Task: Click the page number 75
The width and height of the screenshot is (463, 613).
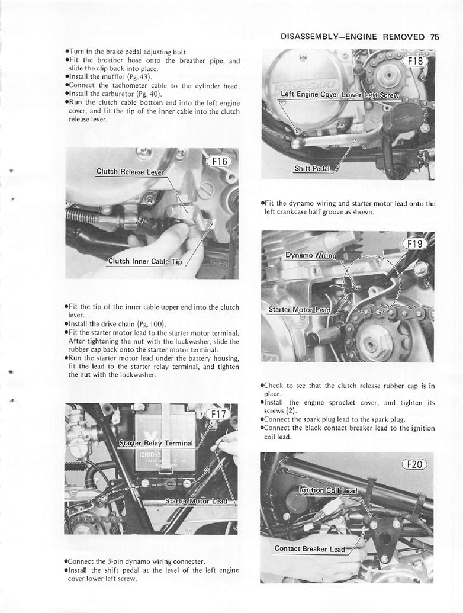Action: click(x=435, y=36)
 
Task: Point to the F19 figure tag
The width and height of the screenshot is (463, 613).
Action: click(x=416, y=244)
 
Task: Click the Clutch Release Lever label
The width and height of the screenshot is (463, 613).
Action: click(x=130, y=172)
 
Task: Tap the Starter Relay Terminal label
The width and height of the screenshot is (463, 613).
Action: click(x=156, y=442)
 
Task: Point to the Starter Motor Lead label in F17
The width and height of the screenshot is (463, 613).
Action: click(x=195, y=501)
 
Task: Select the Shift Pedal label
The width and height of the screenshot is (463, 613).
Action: click(x=312, y=168)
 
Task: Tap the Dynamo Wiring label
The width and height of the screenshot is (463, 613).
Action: click(x=310, y=256)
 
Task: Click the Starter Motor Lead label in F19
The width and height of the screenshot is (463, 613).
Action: click(x=300, y=309)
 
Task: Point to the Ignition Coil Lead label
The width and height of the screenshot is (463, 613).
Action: click(x=328, y=490)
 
